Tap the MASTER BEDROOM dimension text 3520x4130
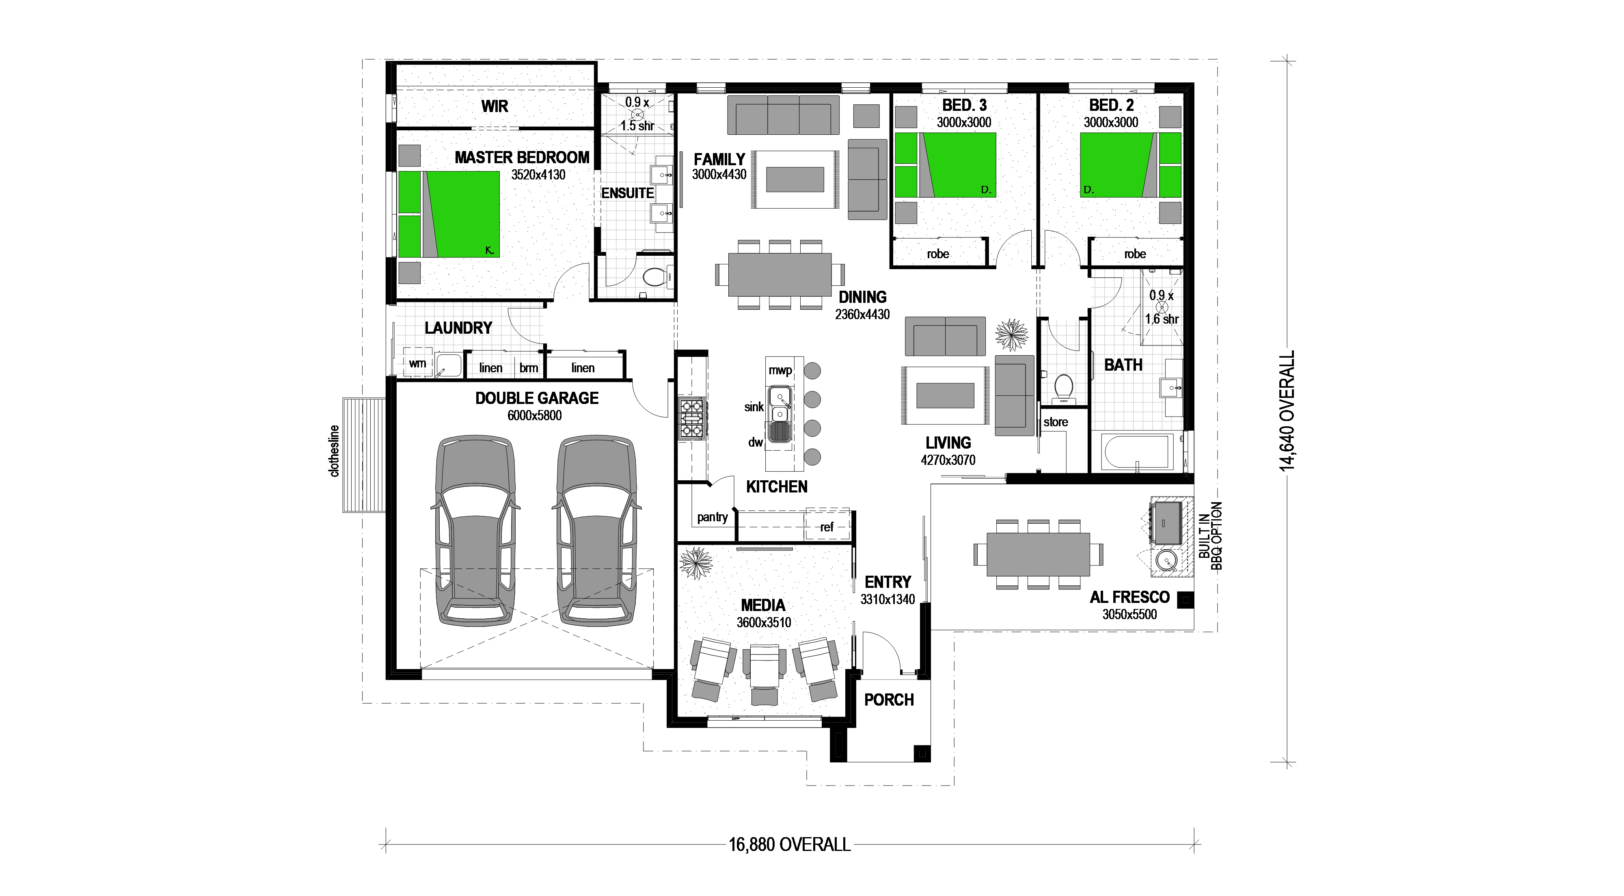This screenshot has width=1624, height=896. point(538,175)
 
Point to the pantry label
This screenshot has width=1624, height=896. point(713,517)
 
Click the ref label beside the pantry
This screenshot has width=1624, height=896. point(827,527)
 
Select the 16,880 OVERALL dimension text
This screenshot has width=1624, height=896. point(789,844)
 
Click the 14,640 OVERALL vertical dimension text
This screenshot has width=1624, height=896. point(1287,411)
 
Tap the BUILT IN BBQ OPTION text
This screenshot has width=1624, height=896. point(1210,535)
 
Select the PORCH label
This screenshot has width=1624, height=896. point(888,699)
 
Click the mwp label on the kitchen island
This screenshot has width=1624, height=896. point(780,370)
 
